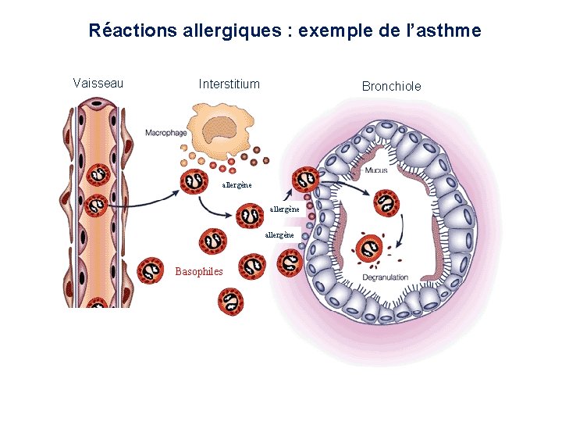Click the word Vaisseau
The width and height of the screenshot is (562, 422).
[98, 83]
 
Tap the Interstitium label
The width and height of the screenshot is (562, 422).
[229, 84]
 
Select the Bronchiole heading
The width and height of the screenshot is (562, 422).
[391, 86]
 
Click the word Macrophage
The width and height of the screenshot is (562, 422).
[165, 133]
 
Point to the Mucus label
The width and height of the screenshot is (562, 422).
[376, 170]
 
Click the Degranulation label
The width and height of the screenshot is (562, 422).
[384, 277]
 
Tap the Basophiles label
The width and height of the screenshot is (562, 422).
[199, 272]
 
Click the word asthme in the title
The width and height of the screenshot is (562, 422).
[451, 31]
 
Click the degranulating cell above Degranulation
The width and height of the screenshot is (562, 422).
[370, 249]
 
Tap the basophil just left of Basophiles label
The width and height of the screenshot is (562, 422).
[150, 271]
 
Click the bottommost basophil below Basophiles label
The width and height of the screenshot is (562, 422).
[231, 301]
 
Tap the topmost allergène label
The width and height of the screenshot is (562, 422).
[237, 185]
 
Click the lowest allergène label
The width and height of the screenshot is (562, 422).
[279, 234]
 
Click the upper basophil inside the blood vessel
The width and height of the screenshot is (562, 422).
[98, 176]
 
